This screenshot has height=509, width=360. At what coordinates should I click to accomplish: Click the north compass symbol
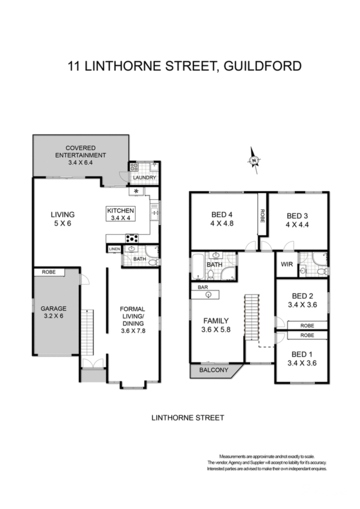point(254,160)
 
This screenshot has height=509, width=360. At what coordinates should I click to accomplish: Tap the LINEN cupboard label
point(114,249)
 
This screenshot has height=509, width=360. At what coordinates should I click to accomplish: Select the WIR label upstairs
point(287,264)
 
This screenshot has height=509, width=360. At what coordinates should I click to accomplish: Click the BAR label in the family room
point(203,287)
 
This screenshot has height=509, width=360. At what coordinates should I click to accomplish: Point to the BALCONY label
point(214,370)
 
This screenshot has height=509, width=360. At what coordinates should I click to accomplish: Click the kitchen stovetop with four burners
point(132,238)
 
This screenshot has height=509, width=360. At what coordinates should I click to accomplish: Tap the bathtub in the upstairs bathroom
point(198,267)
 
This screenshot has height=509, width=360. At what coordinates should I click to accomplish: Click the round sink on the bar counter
point(208,295)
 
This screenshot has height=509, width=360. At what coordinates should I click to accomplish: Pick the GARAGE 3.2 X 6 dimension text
point(53,312)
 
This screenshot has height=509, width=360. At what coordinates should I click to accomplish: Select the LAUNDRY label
point(145,177)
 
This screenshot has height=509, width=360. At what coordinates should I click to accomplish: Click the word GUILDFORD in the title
point(262,66)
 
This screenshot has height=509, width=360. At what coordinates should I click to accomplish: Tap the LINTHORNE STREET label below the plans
point(187,418)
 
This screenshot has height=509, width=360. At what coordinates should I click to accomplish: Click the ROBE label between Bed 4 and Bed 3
point(262,215)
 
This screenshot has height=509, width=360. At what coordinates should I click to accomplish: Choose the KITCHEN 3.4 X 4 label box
point(120,214)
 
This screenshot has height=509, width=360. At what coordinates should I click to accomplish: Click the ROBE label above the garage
point(49,272)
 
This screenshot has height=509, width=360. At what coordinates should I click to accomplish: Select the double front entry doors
point(93,363)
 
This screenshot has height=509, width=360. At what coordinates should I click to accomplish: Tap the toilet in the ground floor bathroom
point(154,263)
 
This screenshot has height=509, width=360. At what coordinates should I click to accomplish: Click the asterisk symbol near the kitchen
point(136,191)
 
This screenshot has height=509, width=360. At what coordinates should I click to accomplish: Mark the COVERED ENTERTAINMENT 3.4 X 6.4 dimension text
point(81,155)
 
